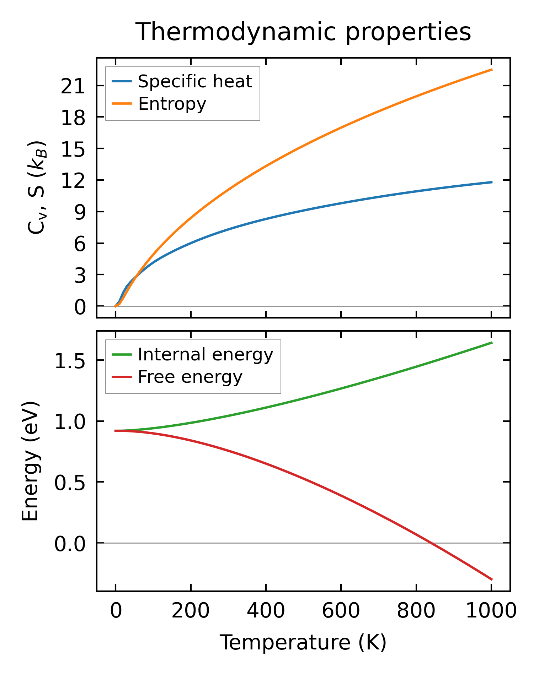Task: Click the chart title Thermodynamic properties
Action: (x=304, y=32)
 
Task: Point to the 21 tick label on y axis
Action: (x=73, y=86)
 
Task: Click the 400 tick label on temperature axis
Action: (x=266, y=611)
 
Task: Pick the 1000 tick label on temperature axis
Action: (x=491, y=611)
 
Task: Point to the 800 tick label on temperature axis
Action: (x=416, y=611)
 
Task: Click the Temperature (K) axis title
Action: (x=303, y=642)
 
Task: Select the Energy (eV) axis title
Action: (x=30, y=462)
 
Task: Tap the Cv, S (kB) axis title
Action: (x=37, y=187)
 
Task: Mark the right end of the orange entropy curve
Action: (x=492, y=70)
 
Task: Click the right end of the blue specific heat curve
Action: (x=492, y=182)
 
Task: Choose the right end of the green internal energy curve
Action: (x=492, y=343)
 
